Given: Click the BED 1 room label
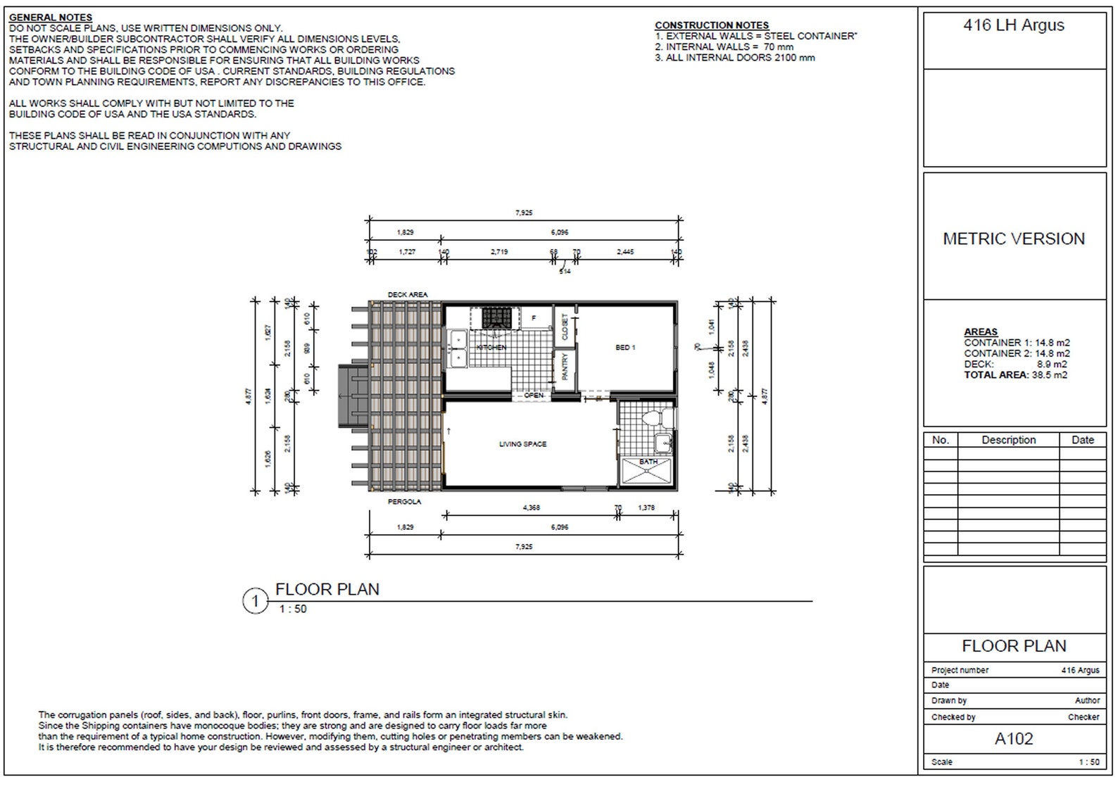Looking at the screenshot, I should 625,348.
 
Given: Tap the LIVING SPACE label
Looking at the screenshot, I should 522,444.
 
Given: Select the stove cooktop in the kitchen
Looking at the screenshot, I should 496,318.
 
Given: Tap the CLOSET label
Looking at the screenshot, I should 565,327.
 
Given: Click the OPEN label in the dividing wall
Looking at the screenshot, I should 534,396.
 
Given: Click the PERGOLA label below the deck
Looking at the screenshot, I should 405,502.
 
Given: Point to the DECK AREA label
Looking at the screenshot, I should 408,295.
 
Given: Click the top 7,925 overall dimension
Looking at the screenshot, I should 524,213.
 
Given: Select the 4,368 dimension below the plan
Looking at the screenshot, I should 532,507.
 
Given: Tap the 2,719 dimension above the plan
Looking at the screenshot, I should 499,252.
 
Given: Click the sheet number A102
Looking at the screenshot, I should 1014,739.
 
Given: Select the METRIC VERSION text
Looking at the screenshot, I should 1014,239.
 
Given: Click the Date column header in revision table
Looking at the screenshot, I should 1082,440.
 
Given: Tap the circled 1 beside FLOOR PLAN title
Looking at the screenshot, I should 256,602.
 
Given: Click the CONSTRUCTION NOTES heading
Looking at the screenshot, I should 712,25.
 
